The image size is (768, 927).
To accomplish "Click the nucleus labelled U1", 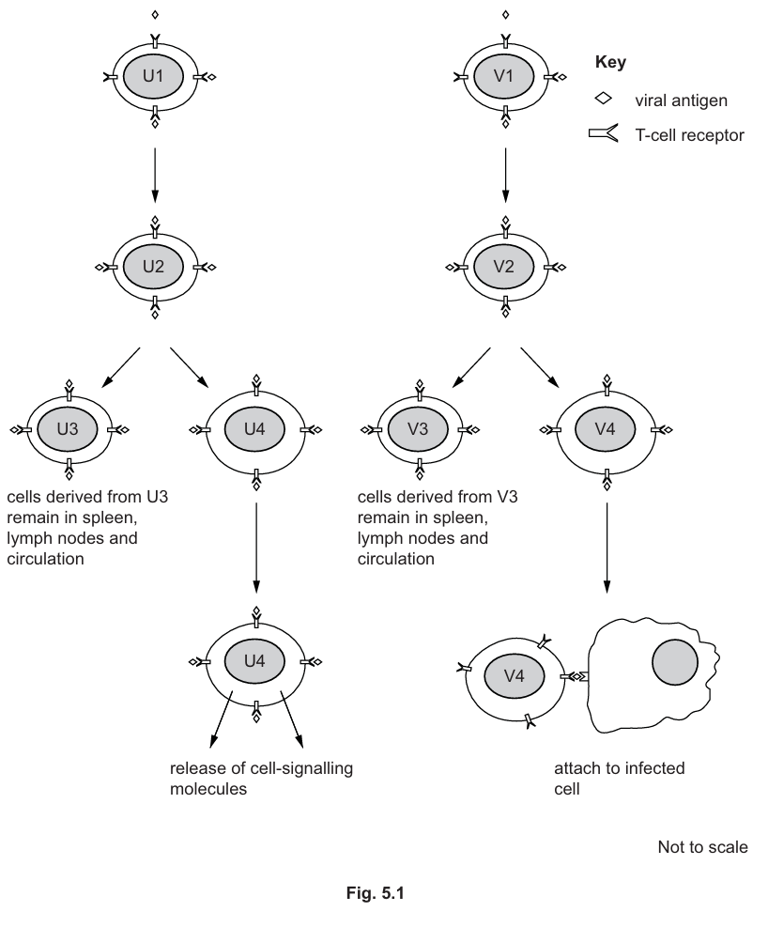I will tap(154, 76).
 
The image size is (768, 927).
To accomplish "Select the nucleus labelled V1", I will tap(505, 76).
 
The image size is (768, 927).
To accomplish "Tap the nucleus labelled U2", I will tap(154, 267).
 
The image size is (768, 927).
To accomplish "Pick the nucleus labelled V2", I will tap(505, 267).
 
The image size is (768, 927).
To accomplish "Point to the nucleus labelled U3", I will tap(69, 429).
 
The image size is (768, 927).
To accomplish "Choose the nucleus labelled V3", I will tap(419, 429).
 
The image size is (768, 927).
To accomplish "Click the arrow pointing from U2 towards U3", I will tap(120, 366).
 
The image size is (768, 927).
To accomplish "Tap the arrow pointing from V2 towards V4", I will tap(539, 366).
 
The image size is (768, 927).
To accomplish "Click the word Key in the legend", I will tap(611, 63).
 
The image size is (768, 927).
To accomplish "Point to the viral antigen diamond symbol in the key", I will tap(605, 98).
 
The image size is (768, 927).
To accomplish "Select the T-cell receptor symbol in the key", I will tap(604, 134).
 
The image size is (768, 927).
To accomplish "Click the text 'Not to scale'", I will tap(702, 848).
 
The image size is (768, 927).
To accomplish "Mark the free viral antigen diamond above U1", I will tap(154, 15).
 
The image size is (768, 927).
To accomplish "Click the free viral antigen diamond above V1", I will tap(505, 15).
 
